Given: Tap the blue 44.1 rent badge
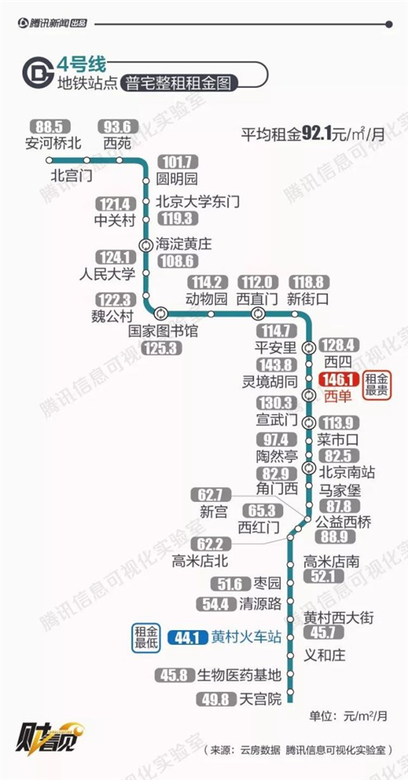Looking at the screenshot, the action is (188, 637).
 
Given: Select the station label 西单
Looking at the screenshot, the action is (338, 396).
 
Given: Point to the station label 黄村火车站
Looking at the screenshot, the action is (246, 637).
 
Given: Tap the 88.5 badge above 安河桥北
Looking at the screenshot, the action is (51, 127).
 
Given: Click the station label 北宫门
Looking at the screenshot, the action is (71, 175).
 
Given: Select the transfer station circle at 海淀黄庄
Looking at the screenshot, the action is (146, 245).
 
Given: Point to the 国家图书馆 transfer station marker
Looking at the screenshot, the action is (161, 314).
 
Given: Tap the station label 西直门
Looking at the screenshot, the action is (257, 299).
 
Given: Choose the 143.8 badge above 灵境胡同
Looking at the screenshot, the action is (276, 364).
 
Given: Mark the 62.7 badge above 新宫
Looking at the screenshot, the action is (211, 496).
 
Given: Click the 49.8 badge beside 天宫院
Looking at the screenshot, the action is (216, 699).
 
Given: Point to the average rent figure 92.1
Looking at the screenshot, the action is (317, 134).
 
